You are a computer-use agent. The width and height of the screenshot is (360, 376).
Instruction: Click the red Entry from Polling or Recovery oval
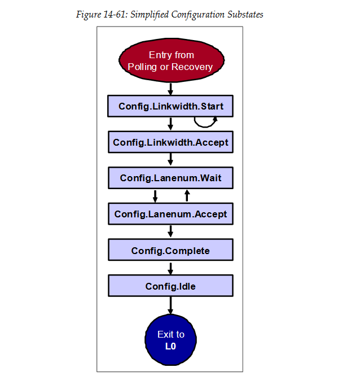tap(170, 60)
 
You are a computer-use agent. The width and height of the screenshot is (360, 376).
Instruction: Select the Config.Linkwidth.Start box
tap(170, 106)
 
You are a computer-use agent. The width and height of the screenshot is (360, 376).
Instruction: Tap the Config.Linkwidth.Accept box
tap(170, 142)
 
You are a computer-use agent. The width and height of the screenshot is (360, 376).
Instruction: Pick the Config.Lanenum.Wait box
tap(170, 178)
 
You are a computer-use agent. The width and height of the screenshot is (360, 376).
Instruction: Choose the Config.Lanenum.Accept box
tap(170, 214)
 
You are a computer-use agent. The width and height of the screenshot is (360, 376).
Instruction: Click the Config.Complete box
tap(170, 250)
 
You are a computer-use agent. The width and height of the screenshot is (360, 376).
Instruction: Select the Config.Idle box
tap(170, 286)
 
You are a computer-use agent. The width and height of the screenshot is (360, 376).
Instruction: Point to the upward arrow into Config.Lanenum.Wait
tap(187, 195)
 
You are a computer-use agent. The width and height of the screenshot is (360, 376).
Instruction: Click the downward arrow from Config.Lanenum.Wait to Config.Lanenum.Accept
tap(155, 196)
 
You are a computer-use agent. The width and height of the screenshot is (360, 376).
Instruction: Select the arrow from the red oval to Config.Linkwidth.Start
tap(170, 88)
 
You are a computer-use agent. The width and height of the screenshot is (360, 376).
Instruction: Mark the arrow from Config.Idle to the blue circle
tap(170, 305)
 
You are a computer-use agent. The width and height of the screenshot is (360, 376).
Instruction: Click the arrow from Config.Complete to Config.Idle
tap(170, 268)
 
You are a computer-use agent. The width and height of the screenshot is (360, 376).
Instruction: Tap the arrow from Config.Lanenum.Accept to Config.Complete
tap(170, 232)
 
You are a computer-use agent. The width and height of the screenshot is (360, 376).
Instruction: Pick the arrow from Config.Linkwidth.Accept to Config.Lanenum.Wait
tap(170, 160)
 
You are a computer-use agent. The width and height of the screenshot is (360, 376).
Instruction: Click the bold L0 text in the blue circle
tap(170, 346)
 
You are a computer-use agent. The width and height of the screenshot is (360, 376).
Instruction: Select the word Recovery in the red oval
tap(192, 67)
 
